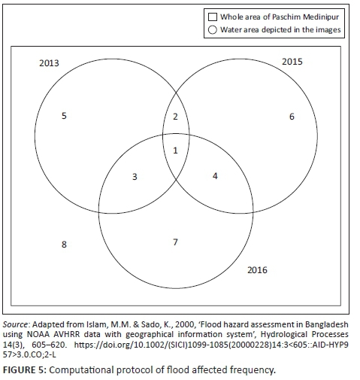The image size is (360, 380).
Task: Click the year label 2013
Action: pos(49,63)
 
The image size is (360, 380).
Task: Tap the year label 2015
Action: pos(292,62)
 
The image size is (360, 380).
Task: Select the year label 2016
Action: pos(257,270)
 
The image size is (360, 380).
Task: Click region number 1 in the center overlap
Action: pos(175,150)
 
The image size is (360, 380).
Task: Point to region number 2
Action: pos(175,117)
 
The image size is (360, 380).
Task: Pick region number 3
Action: pos(135,177)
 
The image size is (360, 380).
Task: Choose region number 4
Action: pos(215,176)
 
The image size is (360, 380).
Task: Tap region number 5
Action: pos(64,116)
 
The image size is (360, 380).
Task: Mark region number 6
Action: pos(292,117)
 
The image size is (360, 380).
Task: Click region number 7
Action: pos(175,242)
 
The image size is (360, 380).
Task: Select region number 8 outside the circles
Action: pos(64,245)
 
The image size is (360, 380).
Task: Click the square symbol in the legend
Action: pos(213,17)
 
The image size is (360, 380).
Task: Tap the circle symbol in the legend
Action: pos(213,30)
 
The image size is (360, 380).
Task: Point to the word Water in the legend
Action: pos(231,29)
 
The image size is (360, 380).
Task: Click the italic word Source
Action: pos(15,324)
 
